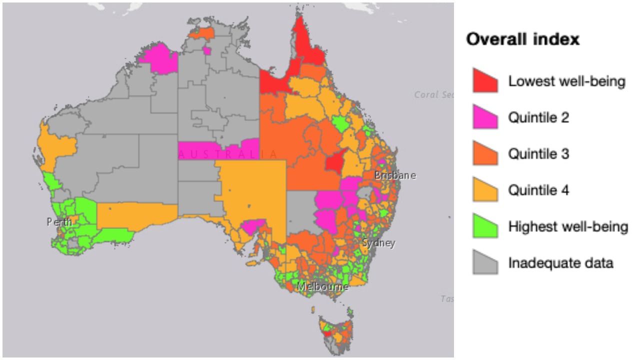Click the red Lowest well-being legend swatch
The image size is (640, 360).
(485, 81)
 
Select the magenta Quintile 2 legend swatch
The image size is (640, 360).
(485, 118)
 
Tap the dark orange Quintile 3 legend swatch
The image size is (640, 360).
(485, 154)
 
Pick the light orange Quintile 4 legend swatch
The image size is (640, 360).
(485, 190)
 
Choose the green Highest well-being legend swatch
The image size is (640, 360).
(485, 226)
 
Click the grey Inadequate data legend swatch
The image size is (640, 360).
(485, 263)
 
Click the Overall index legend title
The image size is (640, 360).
(523, 40)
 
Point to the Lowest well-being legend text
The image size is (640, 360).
(566, 81)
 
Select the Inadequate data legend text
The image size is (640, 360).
(560, 263)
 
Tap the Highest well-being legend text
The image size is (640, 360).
(568, 226)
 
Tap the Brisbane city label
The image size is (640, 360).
(395, 175)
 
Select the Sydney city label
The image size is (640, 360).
(378, 243)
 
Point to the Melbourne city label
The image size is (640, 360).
(323, 287)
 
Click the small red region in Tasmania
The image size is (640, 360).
(326, 332)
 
